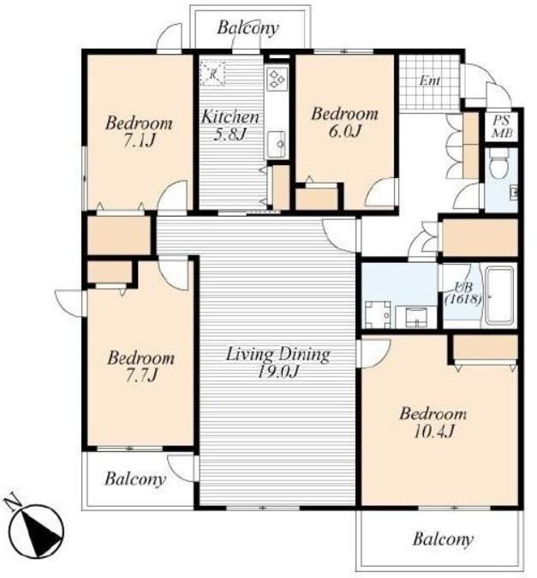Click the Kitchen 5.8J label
click(230, 125)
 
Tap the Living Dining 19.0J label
click(277, 362)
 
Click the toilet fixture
click(499, 164)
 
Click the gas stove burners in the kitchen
click(277, 79)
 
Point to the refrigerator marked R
click(212, 74)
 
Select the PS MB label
click(502, 127)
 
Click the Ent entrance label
click(430, 80)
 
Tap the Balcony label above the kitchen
click(248, 27)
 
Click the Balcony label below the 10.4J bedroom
click(443, 539)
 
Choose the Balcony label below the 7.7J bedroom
click(135, 480)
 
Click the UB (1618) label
click(463, 293)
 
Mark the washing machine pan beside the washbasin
click(378, 314)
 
